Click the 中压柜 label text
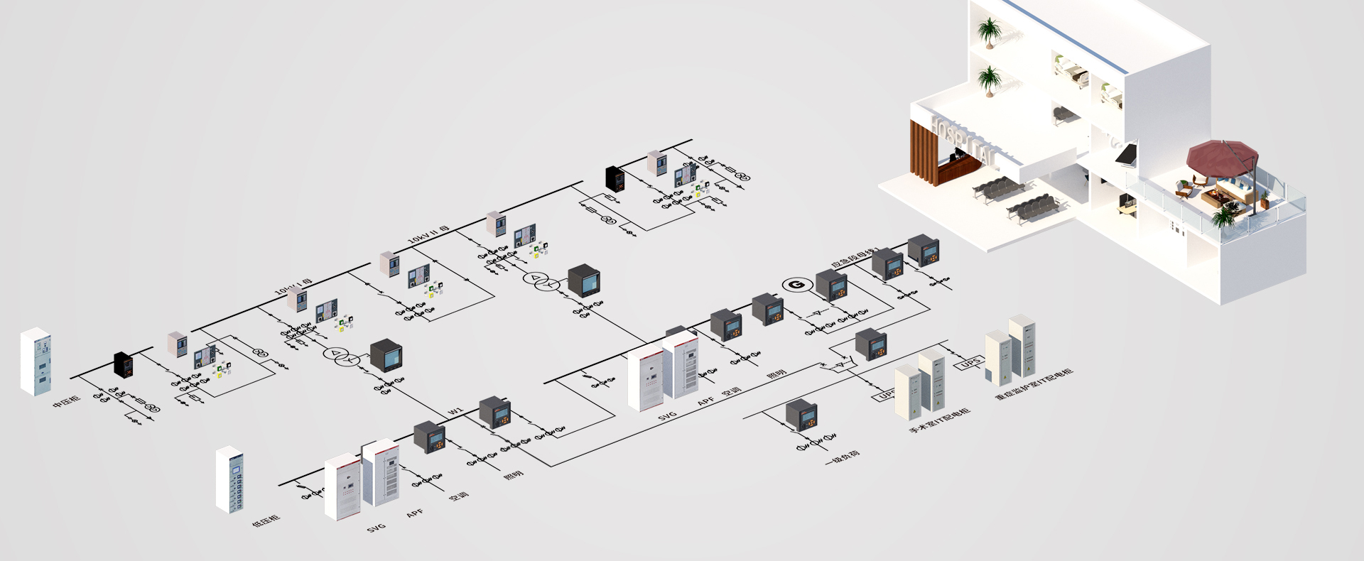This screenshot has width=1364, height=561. coord(67,403)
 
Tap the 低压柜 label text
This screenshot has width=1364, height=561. coord(266,521)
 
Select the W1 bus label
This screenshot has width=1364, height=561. coord(455,411)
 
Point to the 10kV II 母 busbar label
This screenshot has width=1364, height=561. coord(429,235)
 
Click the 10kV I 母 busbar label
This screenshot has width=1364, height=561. coord(293,287)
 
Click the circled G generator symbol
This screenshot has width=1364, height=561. coord(797,285)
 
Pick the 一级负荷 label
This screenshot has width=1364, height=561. coord(842,457)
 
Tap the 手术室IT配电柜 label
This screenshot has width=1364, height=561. coord(939,421)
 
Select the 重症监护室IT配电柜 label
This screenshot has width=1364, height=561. coord(1034,383)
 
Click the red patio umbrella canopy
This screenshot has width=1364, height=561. coord(1222,156)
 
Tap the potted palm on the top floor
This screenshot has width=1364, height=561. coord(988,32)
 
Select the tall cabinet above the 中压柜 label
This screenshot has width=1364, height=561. coord(36,361)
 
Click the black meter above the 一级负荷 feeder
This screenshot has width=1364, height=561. coord(801,415)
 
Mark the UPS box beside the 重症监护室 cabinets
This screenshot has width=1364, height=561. coord(970,364)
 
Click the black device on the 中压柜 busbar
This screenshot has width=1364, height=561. coord(124,364)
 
